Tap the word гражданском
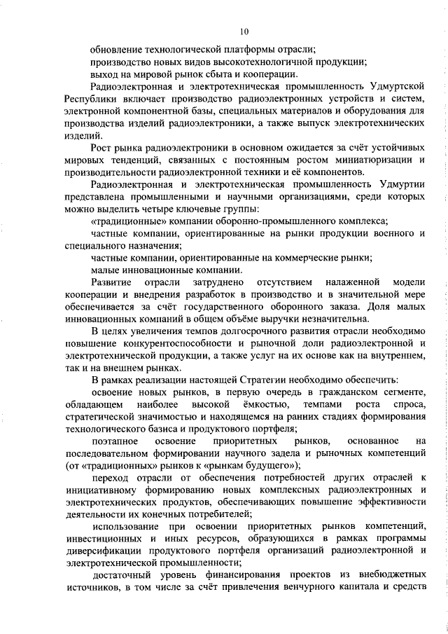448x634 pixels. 344,392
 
